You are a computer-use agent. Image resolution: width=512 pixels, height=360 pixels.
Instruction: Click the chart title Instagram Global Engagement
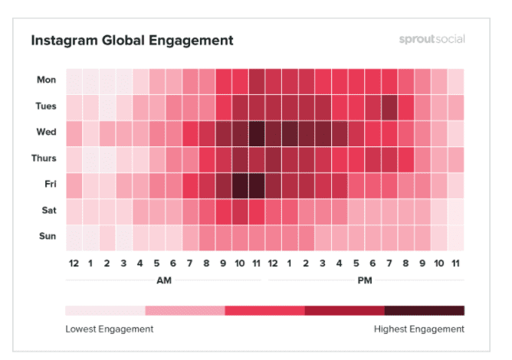tap(132, 39)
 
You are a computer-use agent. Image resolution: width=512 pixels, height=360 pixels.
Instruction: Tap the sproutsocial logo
tap(432, 39)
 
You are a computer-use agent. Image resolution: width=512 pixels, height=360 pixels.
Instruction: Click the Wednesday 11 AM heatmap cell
tap(256, 133)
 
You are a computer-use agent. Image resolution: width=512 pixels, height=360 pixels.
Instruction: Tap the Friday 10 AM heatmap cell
tap(240, 185)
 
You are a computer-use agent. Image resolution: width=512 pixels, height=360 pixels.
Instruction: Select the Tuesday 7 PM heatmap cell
tap(389, 106)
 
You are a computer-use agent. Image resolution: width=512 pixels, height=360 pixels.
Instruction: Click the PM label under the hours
tap(365, 281)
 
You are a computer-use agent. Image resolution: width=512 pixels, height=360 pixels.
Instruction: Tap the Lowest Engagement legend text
tap(110, 329)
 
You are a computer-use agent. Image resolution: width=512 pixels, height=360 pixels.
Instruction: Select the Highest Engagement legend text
tap(418, 329)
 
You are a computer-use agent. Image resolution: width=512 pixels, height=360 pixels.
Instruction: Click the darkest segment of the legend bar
tap(425, 311)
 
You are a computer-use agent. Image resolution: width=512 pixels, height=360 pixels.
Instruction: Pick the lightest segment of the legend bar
tap(106, 311)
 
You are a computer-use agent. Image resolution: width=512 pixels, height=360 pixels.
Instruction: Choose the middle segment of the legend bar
tap(265, 311)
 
